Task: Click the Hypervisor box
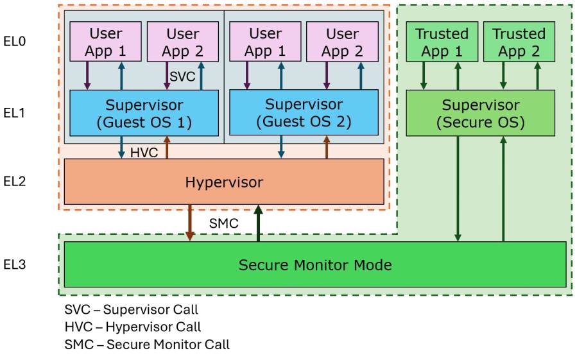pos(224,182)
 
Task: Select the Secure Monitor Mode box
pos(315,264)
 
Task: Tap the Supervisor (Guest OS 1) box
pos(144,112)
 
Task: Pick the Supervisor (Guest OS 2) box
pos(304,112)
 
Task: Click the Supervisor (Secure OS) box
pos(480,112)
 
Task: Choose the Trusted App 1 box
pos(442,42)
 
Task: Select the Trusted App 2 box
pos(518,42)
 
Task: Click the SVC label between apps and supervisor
pos(181,76)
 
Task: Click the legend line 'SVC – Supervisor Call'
pos(131,310)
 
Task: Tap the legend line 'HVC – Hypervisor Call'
pos(132,327)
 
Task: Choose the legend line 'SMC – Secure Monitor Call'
pos(147,345)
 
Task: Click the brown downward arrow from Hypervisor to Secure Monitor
pos(190,223)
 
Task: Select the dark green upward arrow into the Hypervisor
pos(258,223)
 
